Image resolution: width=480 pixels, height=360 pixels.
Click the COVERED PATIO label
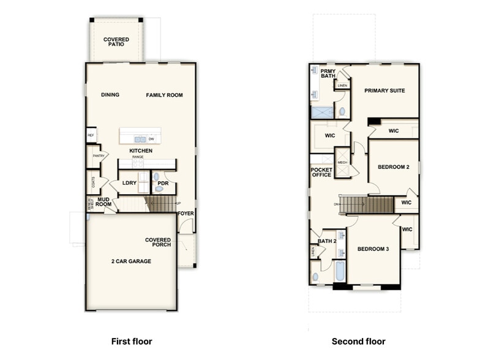(116, 42)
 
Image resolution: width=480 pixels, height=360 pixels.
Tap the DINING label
(110, 95)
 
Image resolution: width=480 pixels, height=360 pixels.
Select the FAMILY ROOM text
(164, 95)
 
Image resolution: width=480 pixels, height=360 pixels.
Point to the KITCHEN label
(141, 151)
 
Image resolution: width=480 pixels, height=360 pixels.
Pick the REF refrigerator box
(91, 135)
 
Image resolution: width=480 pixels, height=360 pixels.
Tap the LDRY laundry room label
(129, 182)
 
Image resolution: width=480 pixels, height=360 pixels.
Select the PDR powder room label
(163, 182)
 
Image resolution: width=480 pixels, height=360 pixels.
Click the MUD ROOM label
(103, 201)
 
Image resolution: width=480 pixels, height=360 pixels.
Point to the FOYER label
(186, 214)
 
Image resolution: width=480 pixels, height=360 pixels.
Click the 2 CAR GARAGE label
(131, 261)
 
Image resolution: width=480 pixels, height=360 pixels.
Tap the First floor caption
(131, 341)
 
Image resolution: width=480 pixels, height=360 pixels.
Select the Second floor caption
(359, 341)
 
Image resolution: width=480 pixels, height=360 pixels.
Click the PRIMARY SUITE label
(384, 91)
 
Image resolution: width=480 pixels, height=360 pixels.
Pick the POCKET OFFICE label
(321, 172)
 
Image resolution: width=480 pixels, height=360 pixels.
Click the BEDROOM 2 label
(393, 167)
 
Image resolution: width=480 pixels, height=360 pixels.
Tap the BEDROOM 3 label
(373, 249)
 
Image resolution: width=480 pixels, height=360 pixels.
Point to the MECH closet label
(342, 162)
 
